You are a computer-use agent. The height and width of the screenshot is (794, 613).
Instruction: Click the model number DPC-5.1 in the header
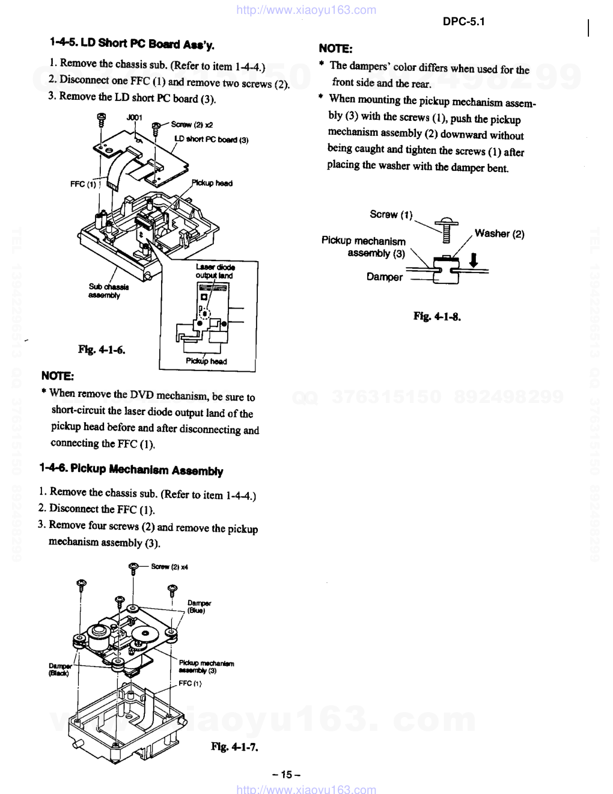[x=463, y=22]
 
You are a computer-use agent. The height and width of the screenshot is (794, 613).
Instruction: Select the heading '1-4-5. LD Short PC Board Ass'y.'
[x=132, y=44]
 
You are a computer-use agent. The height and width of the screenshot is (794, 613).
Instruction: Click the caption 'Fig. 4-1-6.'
[x=102, y=349]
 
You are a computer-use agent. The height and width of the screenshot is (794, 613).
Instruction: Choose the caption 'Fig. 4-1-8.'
[x=437, y=316]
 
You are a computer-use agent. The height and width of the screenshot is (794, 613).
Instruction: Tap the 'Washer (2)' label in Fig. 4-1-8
[x=499, y=233]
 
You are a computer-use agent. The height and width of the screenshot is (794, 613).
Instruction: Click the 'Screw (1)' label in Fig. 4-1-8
[x=391, y=214]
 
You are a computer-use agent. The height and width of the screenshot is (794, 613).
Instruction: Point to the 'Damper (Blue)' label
[x=199, y=606]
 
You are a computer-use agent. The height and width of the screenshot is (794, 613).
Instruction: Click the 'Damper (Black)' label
[x=59, y=669]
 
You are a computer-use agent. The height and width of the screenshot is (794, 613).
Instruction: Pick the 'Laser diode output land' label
[x=215, y=271]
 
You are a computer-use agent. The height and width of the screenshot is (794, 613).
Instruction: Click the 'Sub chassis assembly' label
[x=109, y=291]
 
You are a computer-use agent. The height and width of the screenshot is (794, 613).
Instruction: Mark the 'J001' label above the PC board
[x=134, y=117]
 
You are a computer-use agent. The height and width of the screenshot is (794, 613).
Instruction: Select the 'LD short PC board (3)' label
[x=211, y=140]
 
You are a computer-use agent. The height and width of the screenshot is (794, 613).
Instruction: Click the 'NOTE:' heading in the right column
[x=335, y=49]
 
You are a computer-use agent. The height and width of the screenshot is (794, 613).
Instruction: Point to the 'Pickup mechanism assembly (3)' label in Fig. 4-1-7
[x=206, y=666]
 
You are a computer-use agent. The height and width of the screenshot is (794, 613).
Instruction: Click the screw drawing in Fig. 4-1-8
[x=446, y=229]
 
